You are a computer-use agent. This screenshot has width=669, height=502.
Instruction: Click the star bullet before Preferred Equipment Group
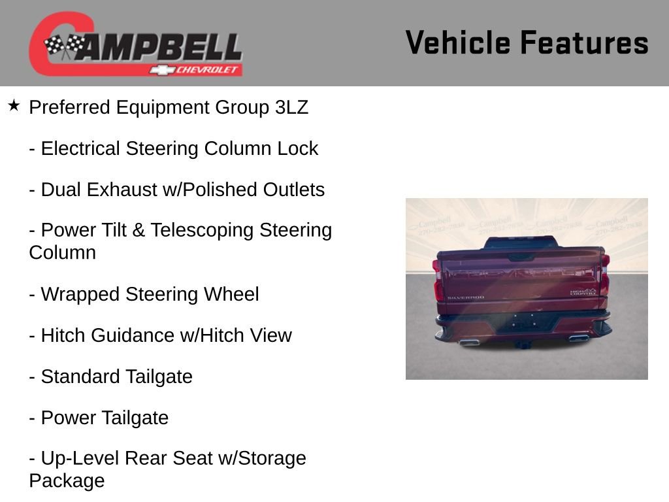[14, 105]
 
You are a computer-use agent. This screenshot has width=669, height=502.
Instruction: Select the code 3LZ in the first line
[291, 108]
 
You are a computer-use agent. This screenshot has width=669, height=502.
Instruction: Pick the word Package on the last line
[67, 481]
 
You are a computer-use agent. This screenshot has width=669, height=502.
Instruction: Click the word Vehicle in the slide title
[458, 42]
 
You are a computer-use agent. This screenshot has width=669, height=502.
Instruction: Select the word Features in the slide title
[585, 42]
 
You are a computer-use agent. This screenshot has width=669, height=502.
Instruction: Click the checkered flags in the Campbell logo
[64, 46]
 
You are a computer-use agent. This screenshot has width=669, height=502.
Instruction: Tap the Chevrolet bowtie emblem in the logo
[160, 70]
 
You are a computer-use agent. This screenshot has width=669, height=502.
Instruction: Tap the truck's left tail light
[438, 281]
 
